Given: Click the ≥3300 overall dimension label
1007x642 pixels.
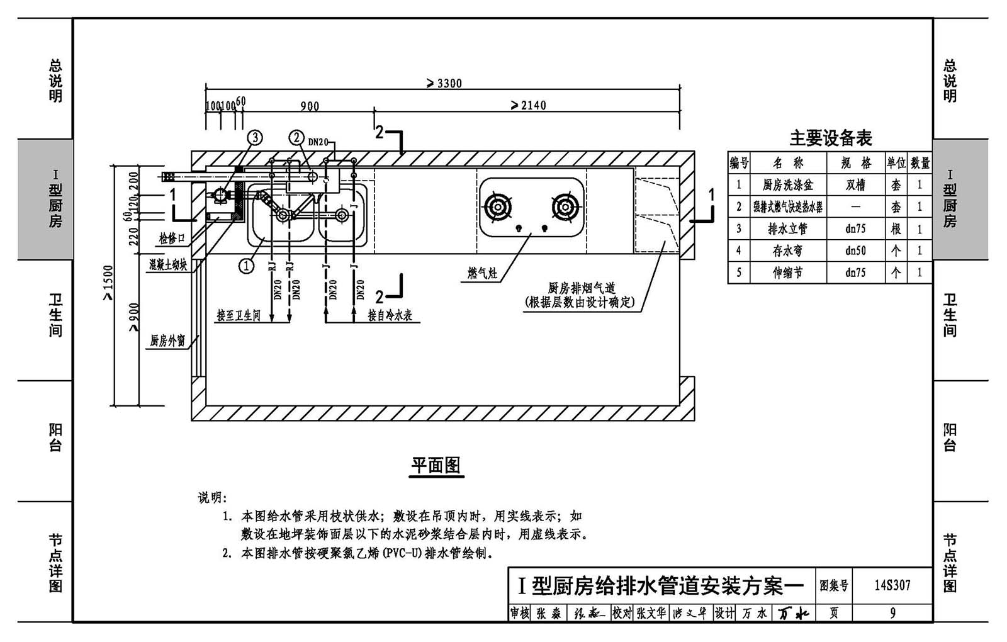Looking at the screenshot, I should pyautogui.click(x=444, y=83).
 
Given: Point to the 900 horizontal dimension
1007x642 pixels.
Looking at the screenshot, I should pyautogui.click(x=310, y=106).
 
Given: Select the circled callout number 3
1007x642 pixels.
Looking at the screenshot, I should pyautogui.click(x=254, y=137).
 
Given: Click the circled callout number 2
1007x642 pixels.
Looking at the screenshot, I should pyautogui.click(x=297, y=137).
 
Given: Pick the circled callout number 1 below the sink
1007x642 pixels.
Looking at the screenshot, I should pyautogui.click(x=247, y=266).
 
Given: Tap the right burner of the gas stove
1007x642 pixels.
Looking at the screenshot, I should pyautogui.click(x=565, y=206).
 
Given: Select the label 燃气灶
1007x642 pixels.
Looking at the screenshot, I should pyautogui.click(x=482, y=273).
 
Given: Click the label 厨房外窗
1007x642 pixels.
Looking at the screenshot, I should pyautogui.click(x=167, y=341).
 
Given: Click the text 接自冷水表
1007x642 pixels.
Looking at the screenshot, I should pyautogui.click(x=390, y=315).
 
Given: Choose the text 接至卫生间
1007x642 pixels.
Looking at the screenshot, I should pyautogui.click(x=239, y=315).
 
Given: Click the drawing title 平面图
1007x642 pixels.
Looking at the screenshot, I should pyautogui.click(x=436, y=465).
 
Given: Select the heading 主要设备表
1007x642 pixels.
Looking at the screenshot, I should pyautogui.click(x=831, y=138).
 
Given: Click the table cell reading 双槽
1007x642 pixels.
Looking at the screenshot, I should pyautogui.click(x=856, y=184).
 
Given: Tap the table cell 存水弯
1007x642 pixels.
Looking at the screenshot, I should pyautogui.click(x=787, y=251).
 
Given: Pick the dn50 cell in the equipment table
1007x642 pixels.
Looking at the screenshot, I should pyautogui.click(x=856, y=251).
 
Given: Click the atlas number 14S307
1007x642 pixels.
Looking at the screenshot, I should pyautogui.click(x=892, y=585).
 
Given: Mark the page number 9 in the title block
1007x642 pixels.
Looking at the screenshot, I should pyautogui.click(x=892, y=612).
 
